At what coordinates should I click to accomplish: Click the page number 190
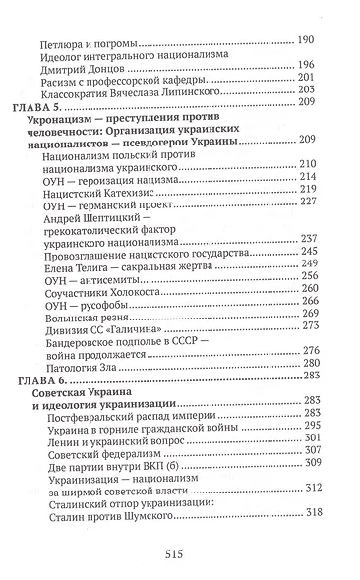click(x=304, y=39)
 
